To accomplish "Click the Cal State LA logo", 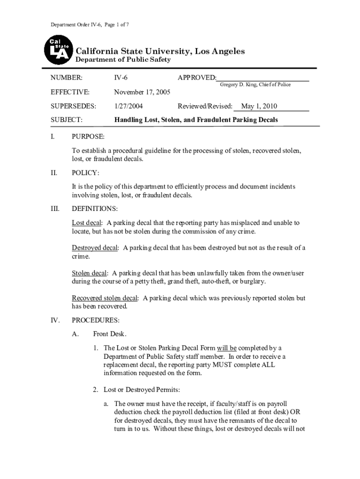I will (x=58, y=51).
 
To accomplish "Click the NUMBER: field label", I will (x=66, y=78).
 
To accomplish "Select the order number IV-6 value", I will (x=121, y=78).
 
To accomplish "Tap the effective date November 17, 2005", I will (x=142, y=92).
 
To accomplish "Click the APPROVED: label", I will (x=197, y=78).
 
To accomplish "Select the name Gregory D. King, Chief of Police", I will (x=255, y=85).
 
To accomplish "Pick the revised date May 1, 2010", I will (x=259, y=106).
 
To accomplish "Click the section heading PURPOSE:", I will (x=88, y=137).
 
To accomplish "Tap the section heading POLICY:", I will (x=85, y=173).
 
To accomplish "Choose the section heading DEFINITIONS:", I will (x=94, y=209).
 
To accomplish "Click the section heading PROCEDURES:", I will (x=95, y=321).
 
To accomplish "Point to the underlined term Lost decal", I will (x=87, y=223).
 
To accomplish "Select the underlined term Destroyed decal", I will (x=95, y=248).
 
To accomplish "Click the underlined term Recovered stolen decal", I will (x=105, y=298).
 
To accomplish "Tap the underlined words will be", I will (x=227, y=348).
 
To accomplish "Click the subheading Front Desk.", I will (x=110, y=334).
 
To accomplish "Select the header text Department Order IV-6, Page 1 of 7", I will (x=90, y=24).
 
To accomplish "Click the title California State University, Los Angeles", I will (x=160, y=51).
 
